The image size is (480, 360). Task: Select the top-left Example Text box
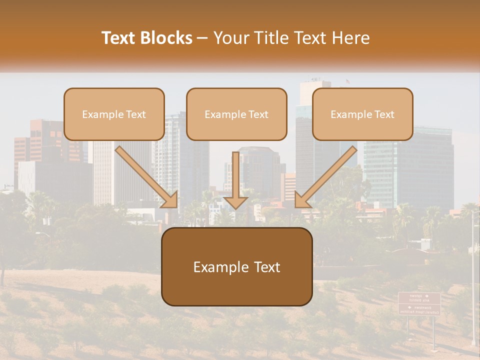114,114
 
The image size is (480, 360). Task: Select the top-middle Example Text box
236,114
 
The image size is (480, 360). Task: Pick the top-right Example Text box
362,114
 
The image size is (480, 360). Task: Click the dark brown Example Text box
236,266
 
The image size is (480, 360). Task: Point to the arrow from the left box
147,177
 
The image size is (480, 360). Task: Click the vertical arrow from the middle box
235,175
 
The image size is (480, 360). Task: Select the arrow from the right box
325,177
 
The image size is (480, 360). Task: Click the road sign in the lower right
419,303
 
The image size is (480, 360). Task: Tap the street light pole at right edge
472,280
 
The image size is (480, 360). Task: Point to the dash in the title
202,38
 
